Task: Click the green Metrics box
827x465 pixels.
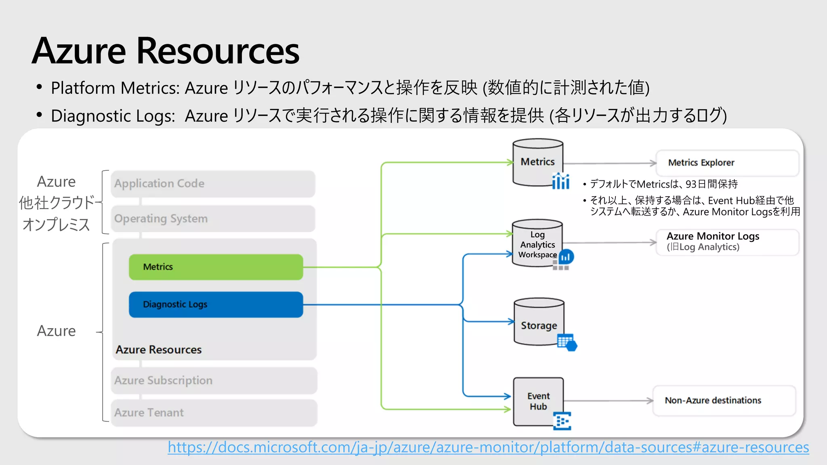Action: tap(216, 267)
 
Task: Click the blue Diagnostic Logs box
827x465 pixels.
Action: tap(216, 304)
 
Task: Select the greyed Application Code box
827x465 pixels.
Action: tap(213, 184)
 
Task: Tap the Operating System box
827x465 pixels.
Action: tap(213, 219)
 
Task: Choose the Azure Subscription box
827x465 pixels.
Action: tap(214, 381)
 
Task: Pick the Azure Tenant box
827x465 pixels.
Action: tap(214, 413)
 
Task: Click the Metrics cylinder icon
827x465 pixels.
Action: tap(537, 162)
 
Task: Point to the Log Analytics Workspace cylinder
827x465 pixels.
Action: tap(537, 244)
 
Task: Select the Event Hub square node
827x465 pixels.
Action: tap(538, 401)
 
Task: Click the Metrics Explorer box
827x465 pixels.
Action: tap(727, 163)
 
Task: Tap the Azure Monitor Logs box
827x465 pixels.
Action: tap(727, 242)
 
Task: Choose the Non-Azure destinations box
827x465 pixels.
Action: tap(724, 400)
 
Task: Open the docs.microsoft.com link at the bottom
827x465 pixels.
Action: tap(488, 447)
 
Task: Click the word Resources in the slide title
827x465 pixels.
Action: tap(218, 51)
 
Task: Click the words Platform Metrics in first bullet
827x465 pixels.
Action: tap(115, 88)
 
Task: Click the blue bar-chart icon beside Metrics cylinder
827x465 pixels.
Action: tap(560, 181)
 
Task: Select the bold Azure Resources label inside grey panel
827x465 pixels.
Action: tap(158, 350)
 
